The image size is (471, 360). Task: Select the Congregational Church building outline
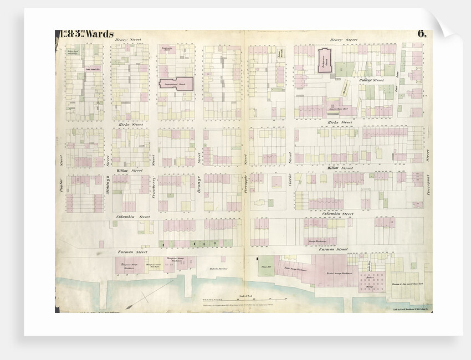[176, 84]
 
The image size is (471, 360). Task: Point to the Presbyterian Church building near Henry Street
[326, 59]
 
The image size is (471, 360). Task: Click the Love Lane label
[397, 84]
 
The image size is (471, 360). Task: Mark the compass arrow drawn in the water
[136, 302]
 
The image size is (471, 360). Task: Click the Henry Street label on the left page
[125, 40]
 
